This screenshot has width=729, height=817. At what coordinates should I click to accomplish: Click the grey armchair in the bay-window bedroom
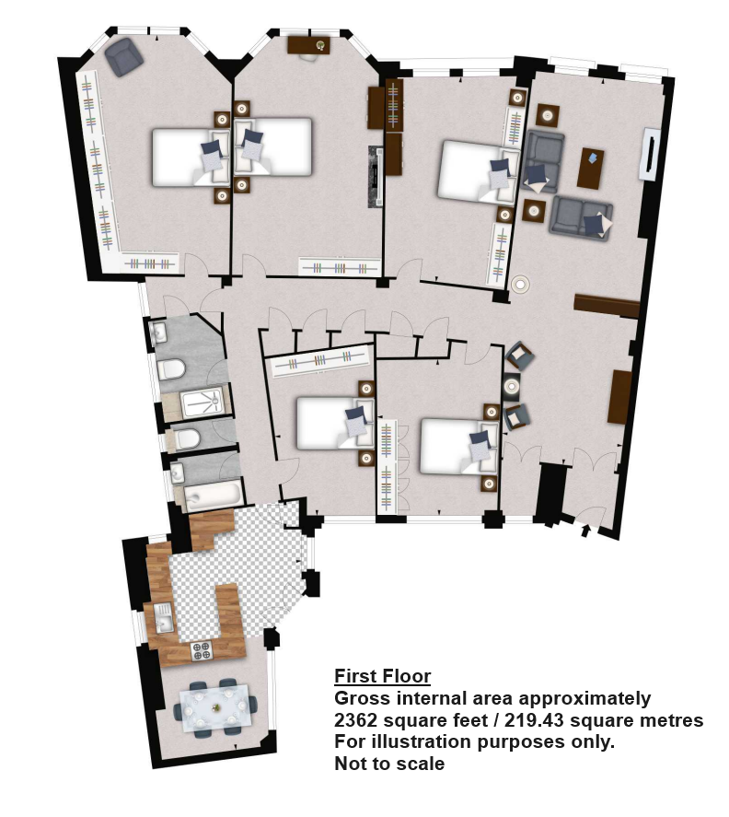coord(123,56)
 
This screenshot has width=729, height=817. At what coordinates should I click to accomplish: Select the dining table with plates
coord(215,708)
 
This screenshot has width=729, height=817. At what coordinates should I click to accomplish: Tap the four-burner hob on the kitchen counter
coord(202,651)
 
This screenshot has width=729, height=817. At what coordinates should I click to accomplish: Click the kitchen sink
coord(164,617)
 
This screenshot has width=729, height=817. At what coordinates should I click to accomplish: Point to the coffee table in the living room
coord(590,168)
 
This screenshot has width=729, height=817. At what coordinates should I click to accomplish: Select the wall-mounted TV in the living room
coord(649,154)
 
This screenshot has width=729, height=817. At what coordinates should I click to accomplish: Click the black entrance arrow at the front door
coord(585,531)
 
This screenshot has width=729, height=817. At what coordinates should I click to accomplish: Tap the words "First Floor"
coord(382,676)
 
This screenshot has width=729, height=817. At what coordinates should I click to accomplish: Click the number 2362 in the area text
coord(355,720)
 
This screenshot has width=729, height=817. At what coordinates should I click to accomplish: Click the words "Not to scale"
coord(389,764)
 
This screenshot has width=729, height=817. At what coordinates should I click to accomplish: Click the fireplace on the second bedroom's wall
coord(376,177)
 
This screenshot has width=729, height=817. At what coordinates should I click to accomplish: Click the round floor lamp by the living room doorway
coord(520,284)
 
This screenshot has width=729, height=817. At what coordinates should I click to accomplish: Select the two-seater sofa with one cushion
coord(581,218)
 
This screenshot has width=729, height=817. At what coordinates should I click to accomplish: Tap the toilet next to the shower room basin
coord(171,370)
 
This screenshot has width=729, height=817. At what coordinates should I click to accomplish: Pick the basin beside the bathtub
coord(178,473)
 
